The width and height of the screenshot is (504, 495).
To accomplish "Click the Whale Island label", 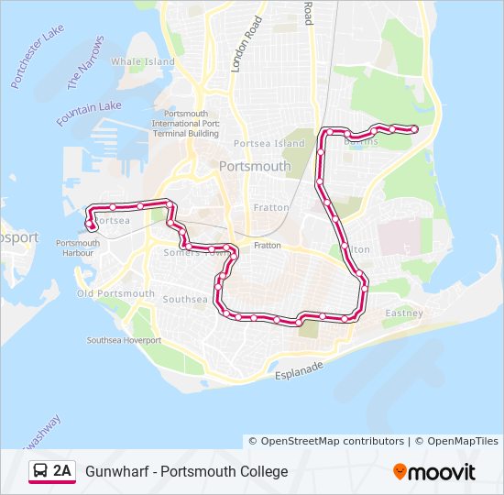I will [142, 61].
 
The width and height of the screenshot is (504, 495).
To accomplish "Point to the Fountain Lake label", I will [88, 114].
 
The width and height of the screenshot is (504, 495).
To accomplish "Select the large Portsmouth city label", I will [255, 167].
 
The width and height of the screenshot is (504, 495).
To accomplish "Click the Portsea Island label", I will [268, 144].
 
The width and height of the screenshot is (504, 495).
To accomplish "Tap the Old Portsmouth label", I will [115, 293].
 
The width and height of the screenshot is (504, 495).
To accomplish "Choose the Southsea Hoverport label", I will [124, 340].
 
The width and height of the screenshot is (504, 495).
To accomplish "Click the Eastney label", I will [404, 313].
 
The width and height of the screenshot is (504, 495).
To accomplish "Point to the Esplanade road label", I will [301, 370].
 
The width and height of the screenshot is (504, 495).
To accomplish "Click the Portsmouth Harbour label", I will [77, 247].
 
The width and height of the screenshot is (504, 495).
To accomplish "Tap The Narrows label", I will [85, 62].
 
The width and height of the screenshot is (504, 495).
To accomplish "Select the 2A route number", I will [62, 471].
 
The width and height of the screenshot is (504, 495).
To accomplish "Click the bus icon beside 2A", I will [40, 471].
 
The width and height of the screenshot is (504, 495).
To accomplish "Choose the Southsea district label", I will [185, 299].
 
